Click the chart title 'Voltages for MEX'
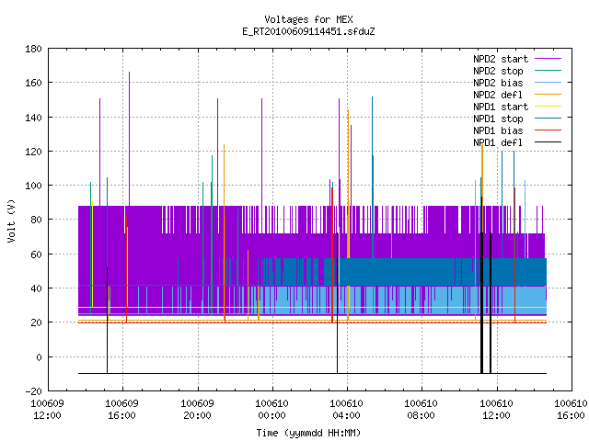(308, 19)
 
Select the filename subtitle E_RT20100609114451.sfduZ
(308, 31)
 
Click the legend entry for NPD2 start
(501, 59)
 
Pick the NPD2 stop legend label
(498, 71)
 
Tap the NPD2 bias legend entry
(498, 83)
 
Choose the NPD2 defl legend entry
(498, 95)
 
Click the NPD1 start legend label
(501, 107)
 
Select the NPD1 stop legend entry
(498, 119)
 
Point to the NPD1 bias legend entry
(498, 130)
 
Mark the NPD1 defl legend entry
(498, 143)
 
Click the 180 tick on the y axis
(33, 49)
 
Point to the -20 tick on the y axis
(33, 391)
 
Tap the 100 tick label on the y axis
(33, 186)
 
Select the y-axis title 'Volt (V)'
(11, 220)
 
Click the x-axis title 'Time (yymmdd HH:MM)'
(308, 433)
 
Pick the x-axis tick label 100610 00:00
(272, 410)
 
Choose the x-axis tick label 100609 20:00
(197, 410)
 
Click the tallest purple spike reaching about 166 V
(129, 139)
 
